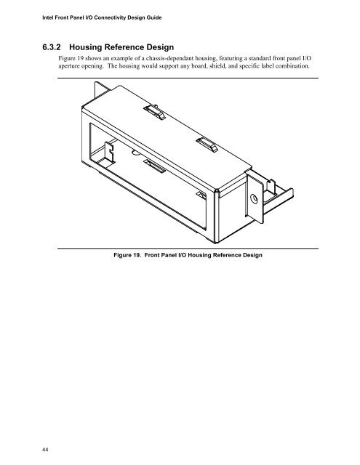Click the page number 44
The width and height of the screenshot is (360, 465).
click(45, 450)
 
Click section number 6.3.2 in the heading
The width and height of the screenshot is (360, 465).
click(52, 47)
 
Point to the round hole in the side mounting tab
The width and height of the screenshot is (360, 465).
click(254, 198)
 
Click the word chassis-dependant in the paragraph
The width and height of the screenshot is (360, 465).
click(169, 58)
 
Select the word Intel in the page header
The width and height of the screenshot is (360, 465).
click(47, 17)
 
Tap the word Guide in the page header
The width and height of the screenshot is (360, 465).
click(155, 17)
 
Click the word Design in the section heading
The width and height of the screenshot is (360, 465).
click(160, 47)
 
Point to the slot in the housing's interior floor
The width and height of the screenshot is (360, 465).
click(155, 166)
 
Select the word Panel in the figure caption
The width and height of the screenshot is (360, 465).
click(169, 255)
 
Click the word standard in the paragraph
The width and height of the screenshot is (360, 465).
click(260, 58)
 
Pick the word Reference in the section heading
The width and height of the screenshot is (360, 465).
click(124, 47)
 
